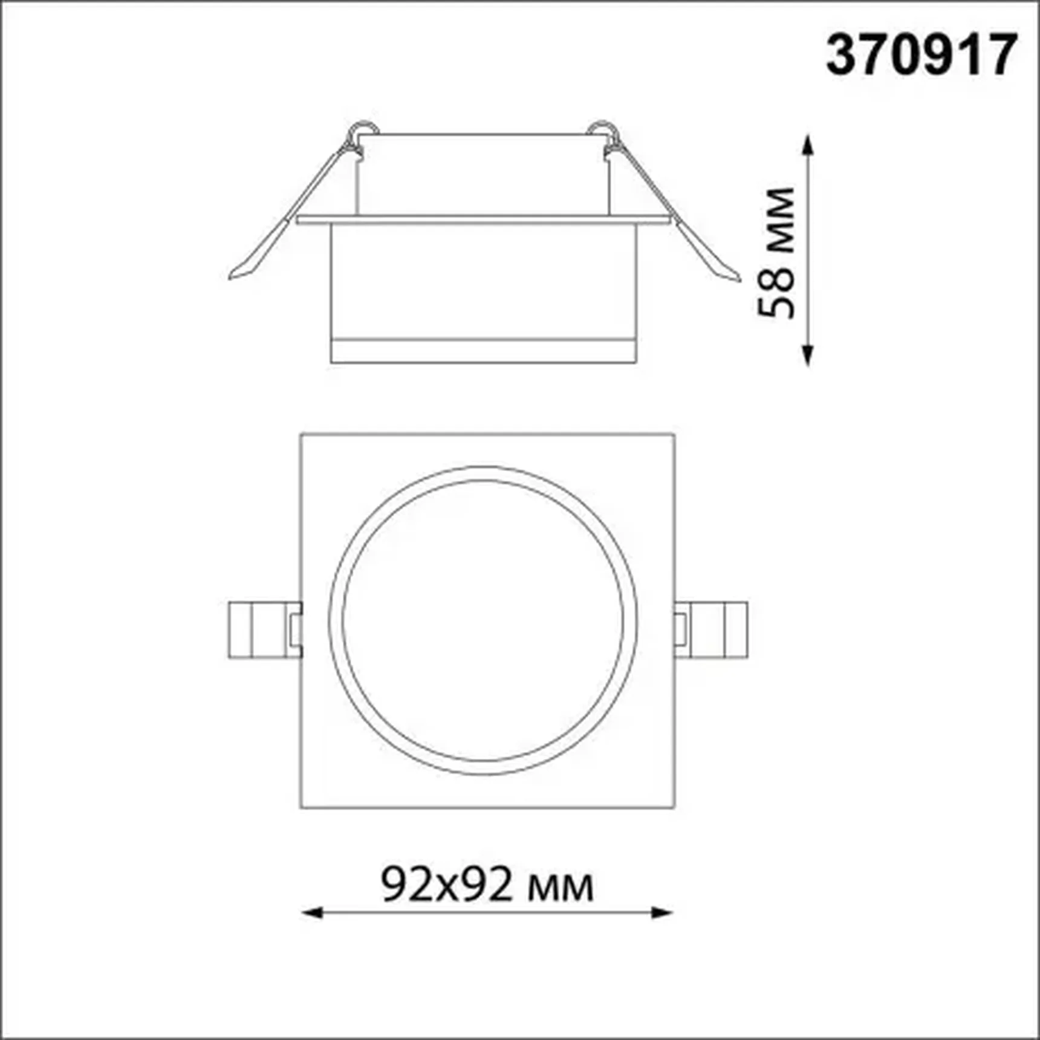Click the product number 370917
(921, 55)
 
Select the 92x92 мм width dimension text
(487, 884)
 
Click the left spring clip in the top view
(264, 629)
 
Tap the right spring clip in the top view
(712, 629)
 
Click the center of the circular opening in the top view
(483, 620)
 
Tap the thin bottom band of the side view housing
(483, 351)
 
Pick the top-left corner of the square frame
(301, 434)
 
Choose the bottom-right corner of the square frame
(674, 807)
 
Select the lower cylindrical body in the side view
(483, 281)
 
